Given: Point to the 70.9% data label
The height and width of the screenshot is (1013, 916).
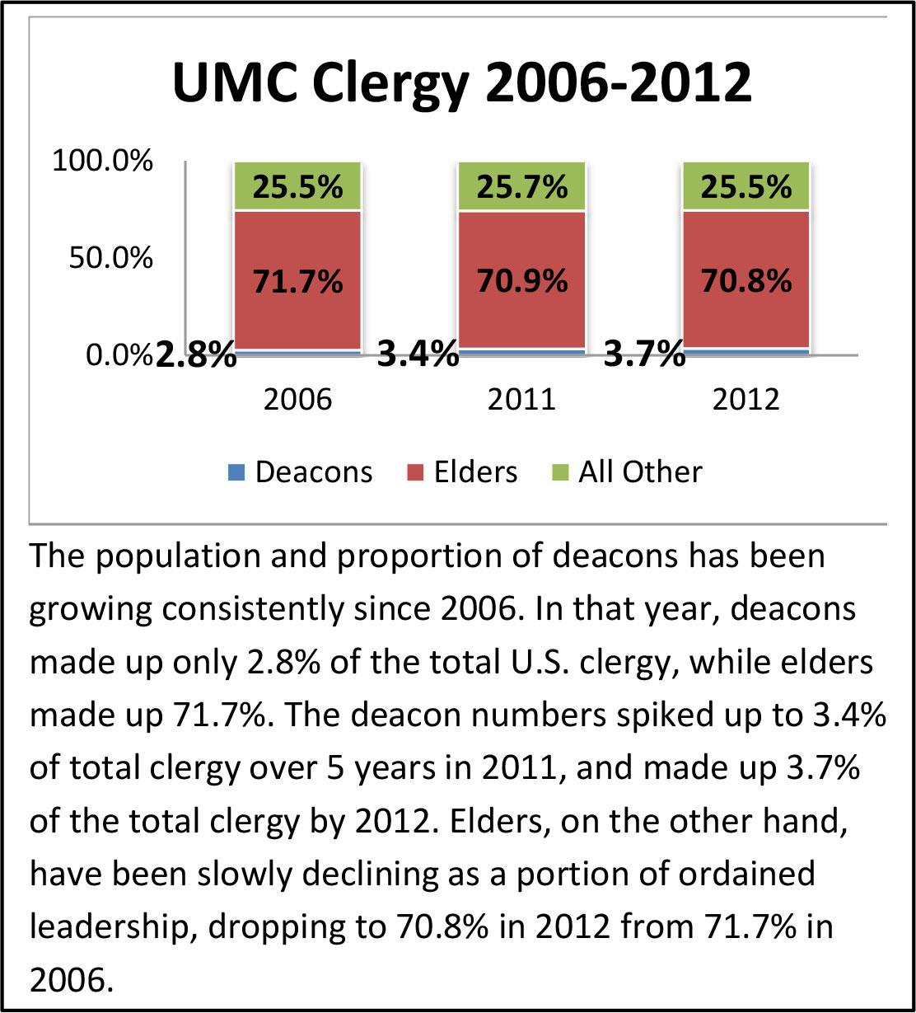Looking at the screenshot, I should (x=522, y=282).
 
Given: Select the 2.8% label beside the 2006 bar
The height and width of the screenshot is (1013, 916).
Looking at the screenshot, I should (x=195, y=357).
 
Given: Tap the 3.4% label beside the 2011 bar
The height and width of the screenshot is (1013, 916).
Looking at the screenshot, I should (x=418, y=357).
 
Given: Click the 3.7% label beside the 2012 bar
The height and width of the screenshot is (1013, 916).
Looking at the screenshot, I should (x=644, y=357).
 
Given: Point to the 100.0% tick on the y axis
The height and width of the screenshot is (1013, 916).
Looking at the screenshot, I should (x=103, y=162).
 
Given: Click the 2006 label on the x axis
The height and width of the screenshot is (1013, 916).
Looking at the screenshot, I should (x=297, y=401).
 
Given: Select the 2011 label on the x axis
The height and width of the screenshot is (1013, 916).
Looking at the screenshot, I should (x=522, y=401).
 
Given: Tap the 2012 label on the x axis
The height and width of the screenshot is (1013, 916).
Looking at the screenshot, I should (x=745, y=401).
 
